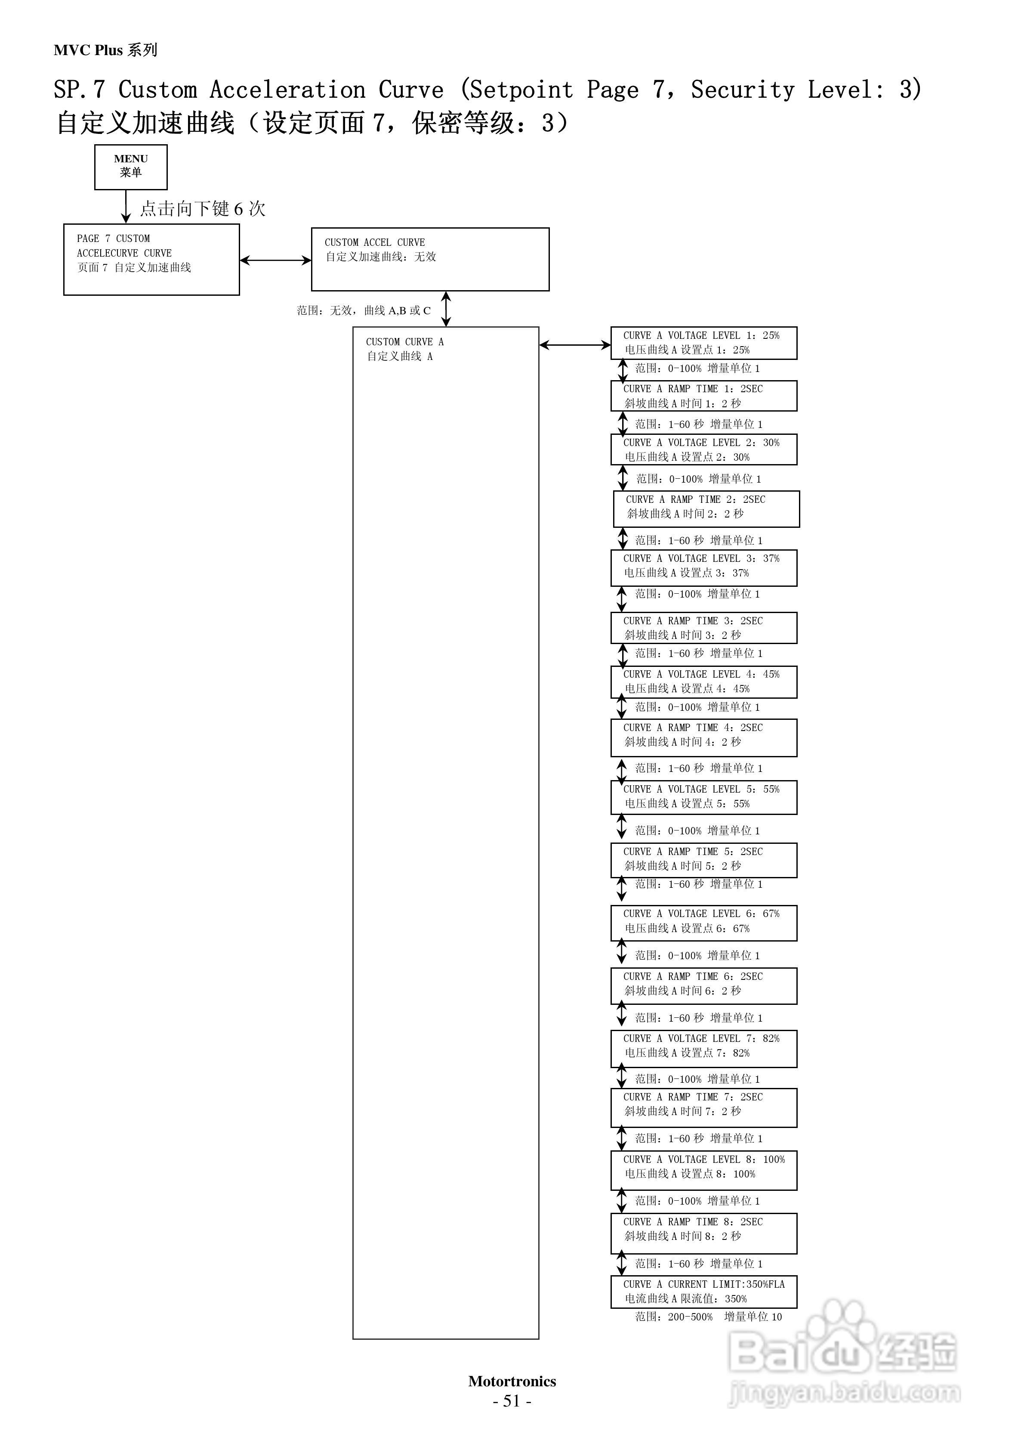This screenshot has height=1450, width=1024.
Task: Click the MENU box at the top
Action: coord(131,167)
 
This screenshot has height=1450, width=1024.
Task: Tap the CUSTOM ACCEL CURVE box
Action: coord(430,259)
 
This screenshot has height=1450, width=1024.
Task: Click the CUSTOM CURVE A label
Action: coord(405,342)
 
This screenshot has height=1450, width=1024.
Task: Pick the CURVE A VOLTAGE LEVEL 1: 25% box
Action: coord(703,343)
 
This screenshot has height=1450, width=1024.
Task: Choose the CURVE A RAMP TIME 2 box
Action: coord(706,508)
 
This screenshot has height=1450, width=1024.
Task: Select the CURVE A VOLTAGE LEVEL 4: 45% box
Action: coord(703,682)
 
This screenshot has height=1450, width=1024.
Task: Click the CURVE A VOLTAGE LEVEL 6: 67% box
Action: coord(703,923)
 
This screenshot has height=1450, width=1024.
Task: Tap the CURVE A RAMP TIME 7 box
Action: coord(703,1107)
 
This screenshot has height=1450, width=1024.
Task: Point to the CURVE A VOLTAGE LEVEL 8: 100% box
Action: coord(703,1170)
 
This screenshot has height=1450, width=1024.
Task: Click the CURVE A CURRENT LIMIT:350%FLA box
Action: coord(703,1292)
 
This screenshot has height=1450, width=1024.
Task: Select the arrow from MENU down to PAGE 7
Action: coord(126,207)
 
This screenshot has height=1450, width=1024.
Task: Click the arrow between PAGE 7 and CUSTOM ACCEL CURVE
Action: coord(275,260)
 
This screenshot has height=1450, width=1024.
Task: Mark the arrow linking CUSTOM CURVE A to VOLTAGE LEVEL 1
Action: coord(574,345)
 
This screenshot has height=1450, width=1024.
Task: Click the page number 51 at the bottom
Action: coord(512,1401)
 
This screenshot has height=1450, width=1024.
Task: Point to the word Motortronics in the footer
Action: coord(512,1381)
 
